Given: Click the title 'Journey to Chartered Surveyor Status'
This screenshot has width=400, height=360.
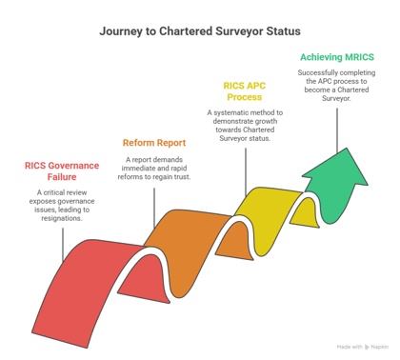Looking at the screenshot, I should click(199, 30).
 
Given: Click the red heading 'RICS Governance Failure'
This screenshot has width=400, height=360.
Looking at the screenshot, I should click(63, 171).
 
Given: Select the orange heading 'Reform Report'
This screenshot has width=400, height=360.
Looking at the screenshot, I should click(152, 143).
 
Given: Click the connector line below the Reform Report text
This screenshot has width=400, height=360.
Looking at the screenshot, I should click(153, 211).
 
